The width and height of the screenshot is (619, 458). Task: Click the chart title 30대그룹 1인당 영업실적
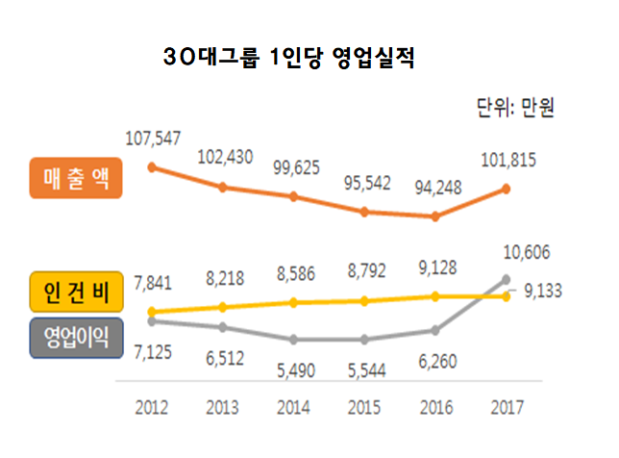[x=288, y=60]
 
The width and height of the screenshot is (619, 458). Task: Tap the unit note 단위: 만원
[x=515, y=109]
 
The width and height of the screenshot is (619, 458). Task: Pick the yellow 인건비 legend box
[x=77, y=293]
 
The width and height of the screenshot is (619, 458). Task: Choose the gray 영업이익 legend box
[x=77, y=338]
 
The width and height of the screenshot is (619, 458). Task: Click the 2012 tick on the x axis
[x=153, y=407]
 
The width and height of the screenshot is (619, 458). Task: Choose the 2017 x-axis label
[x=507, y=407]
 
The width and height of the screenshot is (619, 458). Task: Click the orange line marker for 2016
[x=435, y=216]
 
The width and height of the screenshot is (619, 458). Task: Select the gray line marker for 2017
[x=507, y=280]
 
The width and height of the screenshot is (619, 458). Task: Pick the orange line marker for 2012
[x=152, y=166]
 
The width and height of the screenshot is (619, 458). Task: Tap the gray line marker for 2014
[x=294, y=340]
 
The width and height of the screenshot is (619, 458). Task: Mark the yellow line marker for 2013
[x=223, y=307]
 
